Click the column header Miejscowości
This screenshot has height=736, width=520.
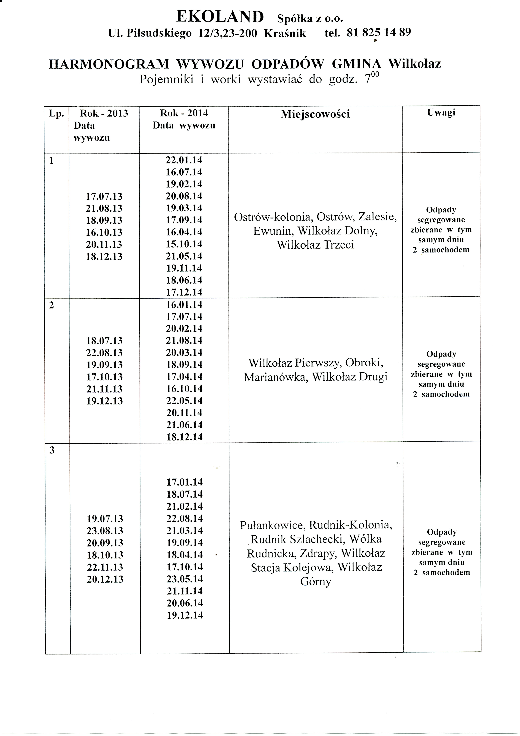click(x=315, y=114)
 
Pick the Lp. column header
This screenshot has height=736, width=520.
click(x=56, y=113)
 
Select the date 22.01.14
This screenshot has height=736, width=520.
click(x=184, y=160)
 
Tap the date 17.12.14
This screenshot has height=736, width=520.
click(x=184, y=292)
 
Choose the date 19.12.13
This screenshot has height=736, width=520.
click(x=104, y=401)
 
